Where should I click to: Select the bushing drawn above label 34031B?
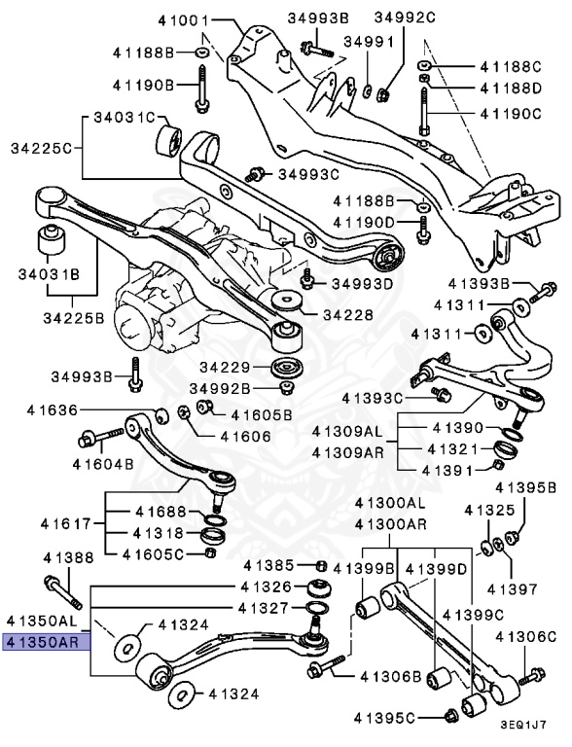pos(52,240)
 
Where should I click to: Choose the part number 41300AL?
pos(389,503)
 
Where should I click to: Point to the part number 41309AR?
pos(348,452)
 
